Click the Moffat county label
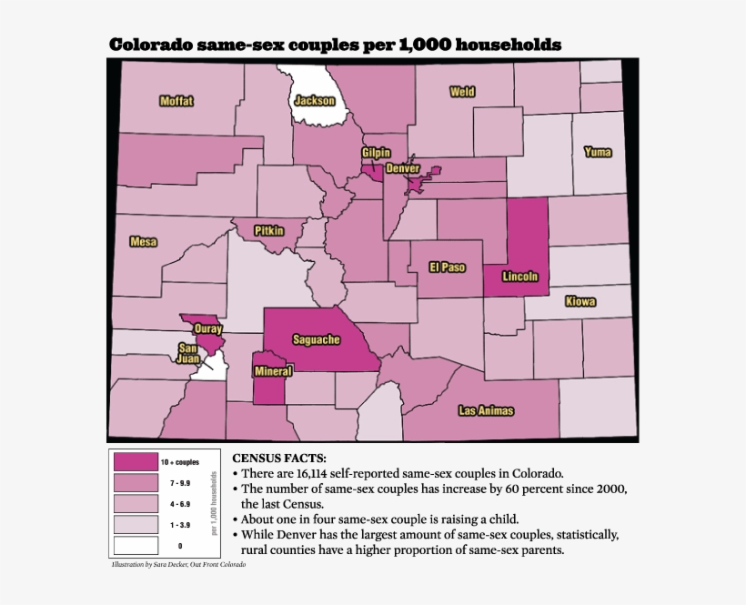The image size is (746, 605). coord(176,101)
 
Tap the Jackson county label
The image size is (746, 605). coord(314,101)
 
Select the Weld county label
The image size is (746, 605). coord(462,92)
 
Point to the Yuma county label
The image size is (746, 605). coord(598,151)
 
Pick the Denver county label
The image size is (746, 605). coord(402,168)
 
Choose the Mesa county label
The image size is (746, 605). coord(144,241)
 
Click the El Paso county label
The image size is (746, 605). coord(448,267)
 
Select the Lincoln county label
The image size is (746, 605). coord(520,277)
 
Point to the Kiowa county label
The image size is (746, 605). coord(580,301)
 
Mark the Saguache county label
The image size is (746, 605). coord(316,339)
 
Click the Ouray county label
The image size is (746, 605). coord(208,329)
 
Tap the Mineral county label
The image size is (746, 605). coord(273,371)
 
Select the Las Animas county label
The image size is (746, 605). coord(486,410)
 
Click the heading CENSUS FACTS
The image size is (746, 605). coord(279,458)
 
